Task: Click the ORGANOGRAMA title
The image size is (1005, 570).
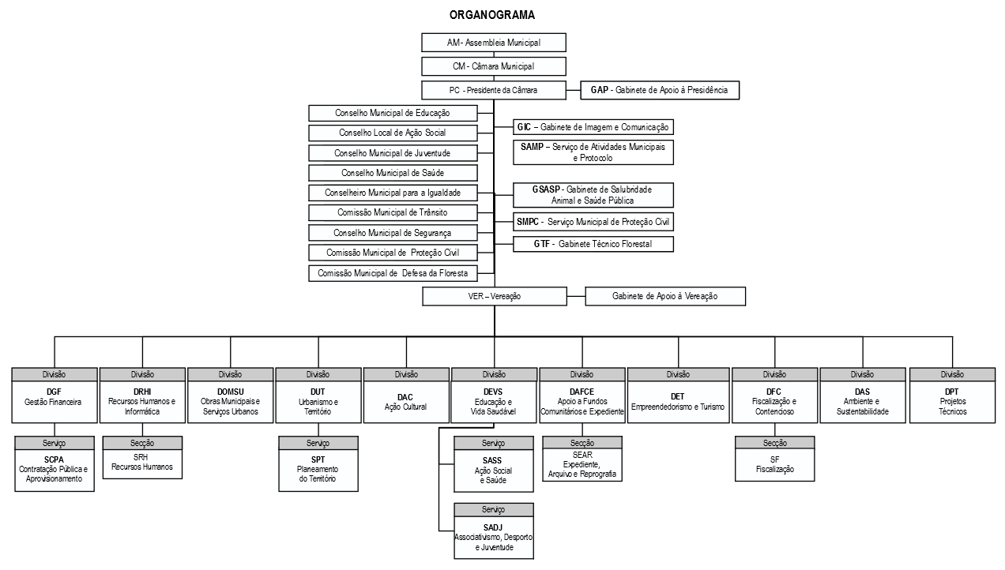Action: point(491,15)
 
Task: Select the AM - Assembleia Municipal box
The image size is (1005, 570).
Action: point(494,43)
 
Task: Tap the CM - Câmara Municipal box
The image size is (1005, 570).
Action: point(494,66)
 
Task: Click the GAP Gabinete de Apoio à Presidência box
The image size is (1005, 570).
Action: point(660,90)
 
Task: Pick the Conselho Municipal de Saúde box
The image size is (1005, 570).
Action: point(393,173)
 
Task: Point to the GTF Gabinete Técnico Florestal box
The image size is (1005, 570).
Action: point(593,244)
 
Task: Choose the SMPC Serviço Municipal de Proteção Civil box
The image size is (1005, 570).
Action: point(593,222)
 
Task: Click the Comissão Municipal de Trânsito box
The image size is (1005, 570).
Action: point(393,212)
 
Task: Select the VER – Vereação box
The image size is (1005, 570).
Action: point(495,296)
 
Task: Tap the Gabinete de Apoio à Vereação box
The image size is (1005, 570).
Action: point(665,296)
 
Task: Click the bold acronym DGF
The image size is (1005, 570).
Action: point(54,392)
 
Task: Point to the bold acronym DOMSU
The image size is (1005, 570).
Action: point(230,392)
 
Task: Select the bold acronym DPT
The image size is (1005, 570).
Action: point(951,392)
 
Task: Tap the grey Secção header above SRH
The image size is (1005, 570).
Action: point(142,443)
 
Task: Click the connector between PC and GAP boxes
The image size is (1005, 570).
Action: point(573,90)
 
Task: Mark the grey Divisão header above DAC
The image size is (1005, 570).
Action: point(406,374)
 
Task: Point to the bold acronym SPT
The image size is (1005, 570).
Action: point(318,459)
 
